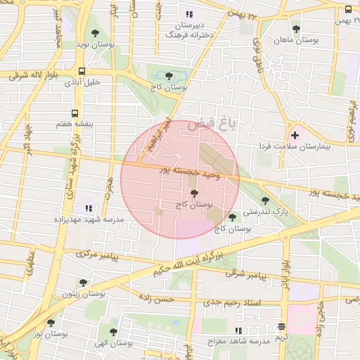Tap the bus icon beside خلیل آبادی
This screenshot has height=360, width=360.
point(83,71)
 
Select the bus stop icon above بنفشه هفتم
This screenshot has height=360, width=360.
point(75,113)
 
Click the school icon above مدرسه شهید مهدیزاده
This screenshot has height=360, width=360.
point(88,209)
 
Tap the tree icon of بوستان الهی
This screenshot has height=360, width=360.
point(113,332)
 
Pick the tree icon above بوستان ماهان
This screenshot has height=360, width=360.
point(296,30)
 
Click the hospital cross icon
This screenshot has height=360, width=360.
point(294,135)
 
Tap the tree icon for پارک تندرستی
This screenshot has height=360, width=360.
point(264,200)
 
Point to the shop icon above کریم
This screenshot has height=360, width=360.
point(281,327)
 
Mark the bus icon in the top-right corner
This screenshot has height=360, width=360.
point(349,9)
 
